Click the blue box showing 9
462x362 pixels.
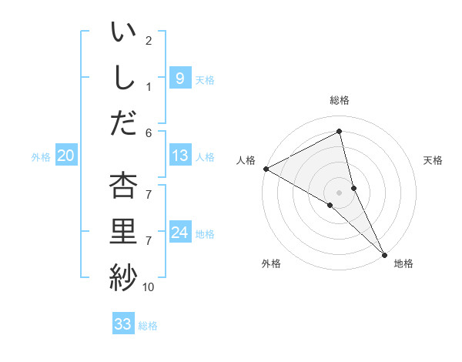[179, 78]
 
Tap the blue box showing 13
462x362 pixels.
[179, 156]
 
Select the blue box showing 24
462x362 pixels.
[179, 233]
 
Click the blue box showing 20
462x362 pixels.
[65, 156]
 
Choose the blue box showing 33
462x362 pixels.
[123, 324]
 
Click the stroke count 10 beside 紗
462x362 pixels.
[148, 287]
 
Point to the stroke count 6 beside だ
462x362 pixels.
[148, 133]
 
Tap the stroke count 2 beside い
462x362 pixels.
[148, 40]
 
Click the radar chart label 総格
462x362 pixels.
[339, 100]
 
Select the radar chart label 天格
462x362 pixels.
[433, 160]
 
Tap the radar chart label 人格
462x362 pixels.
[246, 160]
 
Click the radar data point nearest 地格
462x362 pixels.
[384, 253]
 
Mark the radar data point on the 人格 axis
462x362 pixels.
[266, 168]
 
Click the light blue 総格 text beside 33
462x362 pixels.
[148, 326]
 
